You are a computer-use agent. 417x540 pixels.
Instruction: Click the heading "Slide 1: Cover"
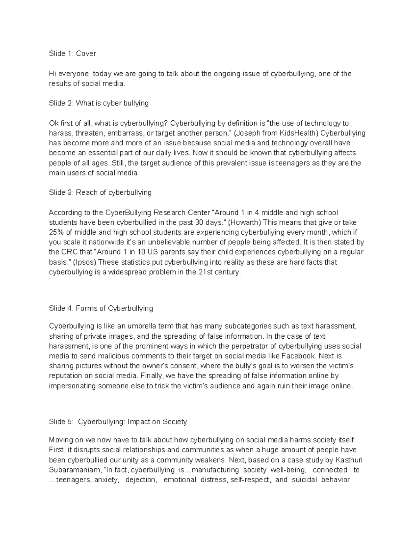pyautogui.click(x=72, y=54)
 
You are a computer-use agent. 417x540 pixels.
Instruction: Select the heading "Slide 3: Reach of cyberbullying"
pyautogui.click(x=100, y=193)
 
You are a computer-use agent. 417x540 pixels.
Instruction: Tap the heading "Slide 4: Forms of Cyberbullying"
pyautogui.click(x=101, y=308)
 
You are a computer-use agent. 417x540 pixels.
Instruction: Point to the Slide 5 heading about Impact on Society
pyautogui.click(x=118, y=422)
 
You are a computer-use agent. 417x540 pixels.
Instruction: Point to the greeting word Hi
pyautogui.click(x=52, y=74)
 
